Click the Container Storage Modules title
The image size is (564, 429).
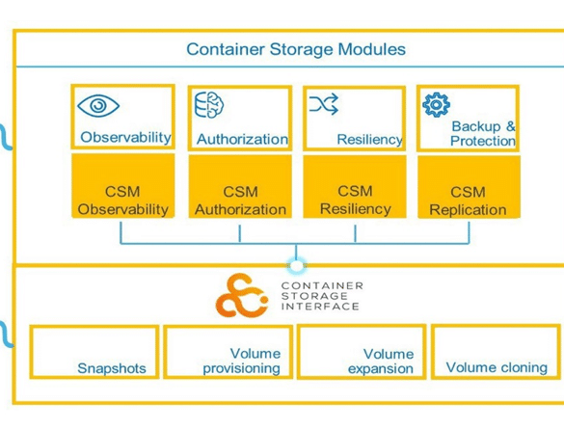296,49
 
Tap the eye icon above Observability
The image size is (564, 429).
98,105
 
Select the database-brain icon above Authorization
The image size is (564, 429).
209,105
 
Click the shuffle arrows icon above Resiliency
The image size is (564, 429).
324,104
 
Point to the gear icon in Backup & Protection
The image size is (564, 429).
437,105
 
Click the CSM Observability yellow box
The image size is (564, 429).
123,186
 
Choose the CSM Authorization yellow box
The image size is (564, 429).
240,186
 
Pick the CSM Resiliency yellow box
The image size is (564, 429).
355,186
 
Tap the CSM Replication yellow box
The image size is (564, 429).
469,187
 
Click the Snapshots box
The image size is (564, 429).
94,352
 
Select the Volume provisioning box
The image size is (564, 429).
228,352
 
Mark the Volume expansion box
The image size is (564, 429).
362,351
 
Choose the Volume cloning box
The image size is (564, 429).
496,351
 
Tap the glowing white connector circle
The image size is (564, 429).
296,266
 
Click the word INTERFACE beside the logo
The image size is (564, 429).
320,307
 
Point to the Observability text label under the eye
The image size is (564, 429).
125,137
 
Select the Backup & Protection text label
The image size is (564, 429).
483,133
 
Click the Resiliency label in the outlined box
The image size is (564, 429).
370,140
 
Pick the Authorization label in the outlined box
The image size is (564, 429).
242,139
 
